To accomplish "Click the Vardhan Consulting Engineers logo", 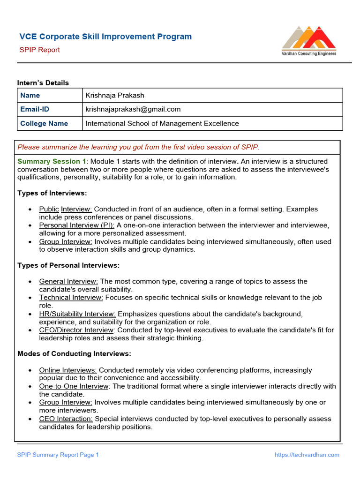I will point(308,41).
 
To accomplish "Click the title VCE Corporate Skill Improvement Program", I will point(105,37).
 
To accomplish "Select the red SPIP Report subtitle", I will point(39,50).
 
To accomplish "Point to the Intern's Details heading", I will point(43,83).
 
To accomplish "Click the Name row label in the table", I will point(30,95).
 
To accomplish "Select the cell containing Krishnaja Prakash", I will point(115,95).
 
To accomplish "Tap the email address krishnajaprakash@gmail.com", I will point(133,109).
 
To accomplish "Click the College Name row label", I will point(44,123).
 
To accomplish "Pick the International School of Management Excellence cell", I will point(162,123).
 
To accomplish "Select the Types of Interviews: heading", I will point(52,193).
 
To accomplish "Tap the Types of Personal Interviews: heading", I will point(68,265).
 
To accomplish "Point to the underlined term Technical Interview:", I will point(71,298).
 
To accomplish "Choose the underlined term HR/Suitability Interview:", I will point(77,314).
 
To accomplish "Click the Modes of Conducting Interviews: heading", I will point(74,353).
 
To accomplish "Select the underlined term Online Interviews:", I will point(68,370).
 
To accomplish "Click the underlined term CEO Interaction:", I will point(66,419).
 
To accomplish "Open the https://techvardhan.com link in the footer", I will point(307,455).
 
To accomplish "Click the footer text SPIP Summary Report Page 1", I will point(58,455).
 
